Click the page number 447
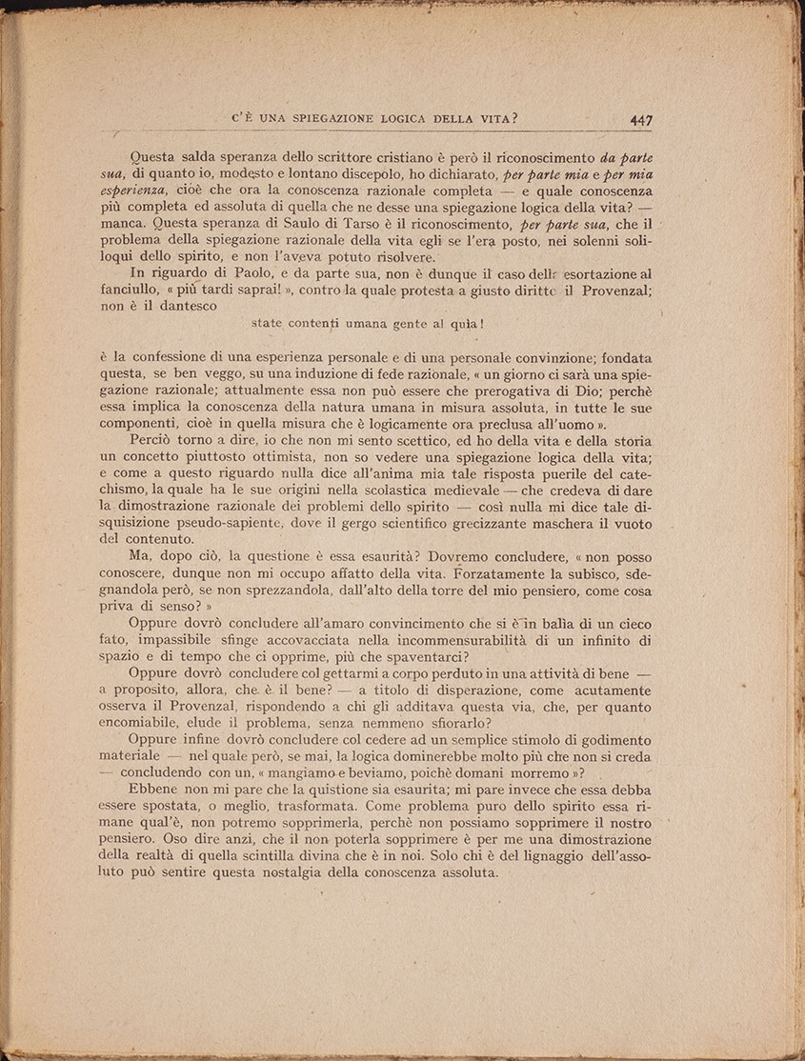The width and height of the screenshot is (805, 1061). [640, 120]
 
